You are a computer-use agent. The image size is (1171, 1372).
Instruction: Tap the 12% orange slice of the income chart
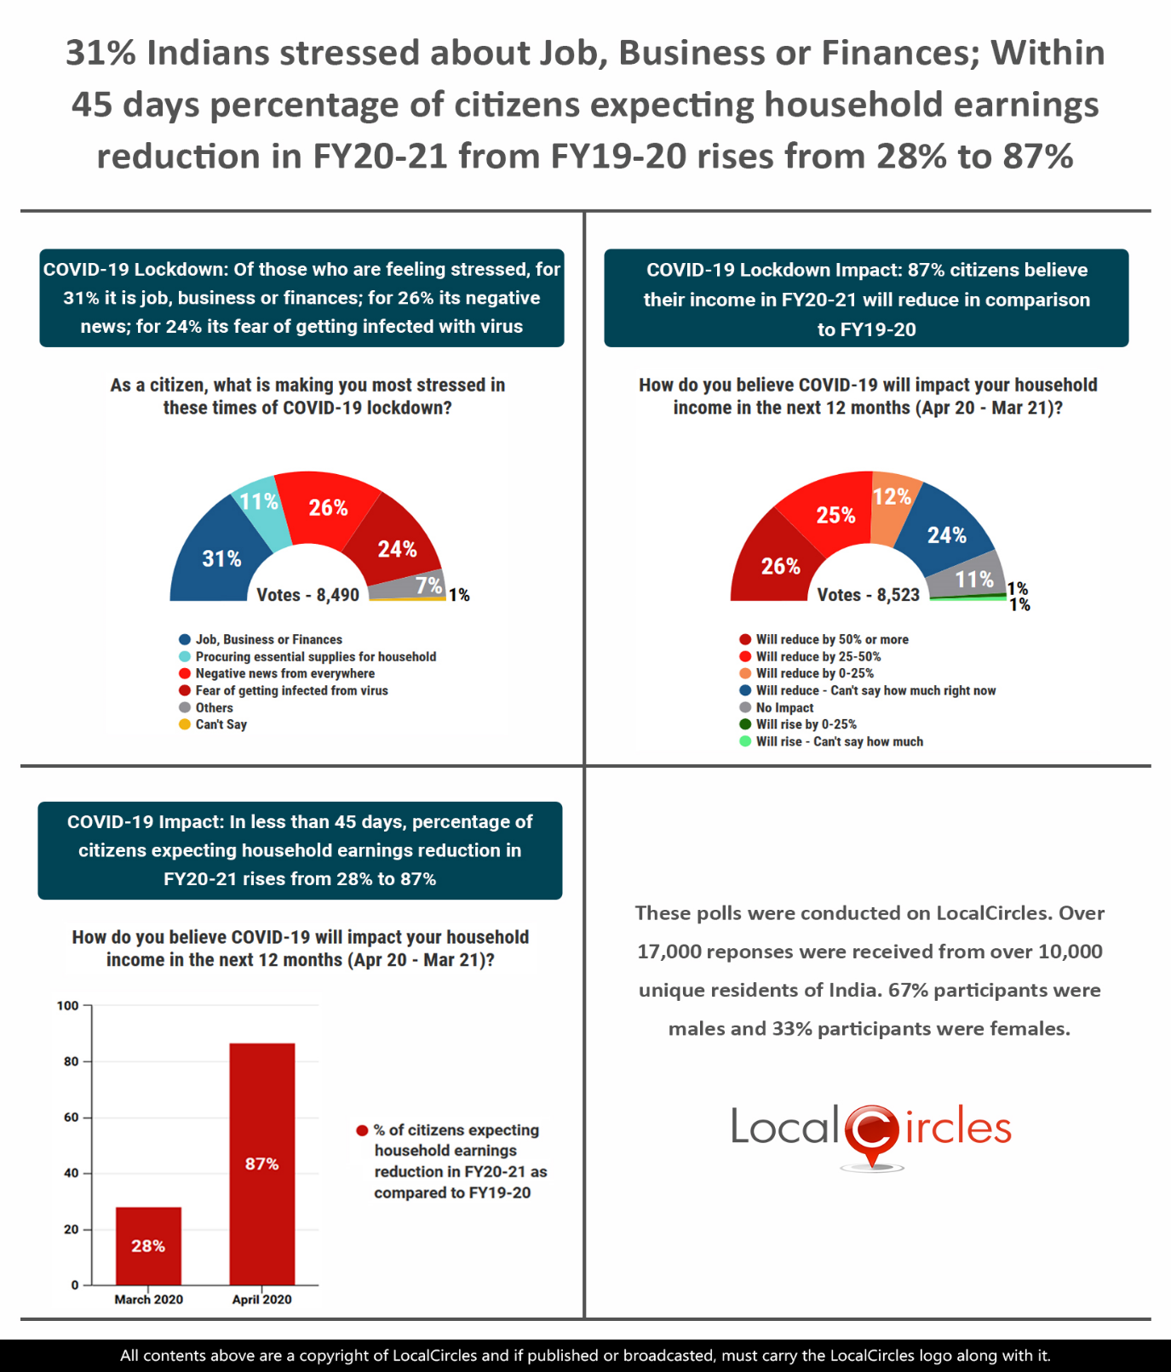[x=891, y=502]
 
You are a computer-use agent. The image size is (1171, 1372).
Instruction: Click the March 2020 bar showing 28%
[x=148, y=1245]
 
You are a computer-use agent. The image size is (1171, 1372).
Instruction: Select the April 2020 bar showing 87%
[x=261, y=1163]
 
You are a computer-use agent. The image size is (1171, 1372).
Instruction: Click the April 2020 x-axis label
[x=261, y=1300]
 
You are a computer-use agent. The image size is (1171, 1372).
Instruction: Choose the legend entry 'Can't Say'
[x=221, y=724]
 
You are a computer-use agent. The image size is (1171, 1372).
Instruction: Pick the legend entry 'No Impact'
[x=784, y=707]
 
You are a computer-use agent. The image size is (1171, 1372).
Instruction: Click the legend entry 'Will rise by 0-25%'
[x=806, y=724]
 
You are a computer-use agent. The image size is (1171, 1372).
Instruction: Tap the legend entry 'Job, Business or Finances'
[x=268, y=639]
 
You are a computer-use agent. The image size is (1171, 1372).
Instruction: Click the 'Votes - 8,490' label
[x=307, y=595]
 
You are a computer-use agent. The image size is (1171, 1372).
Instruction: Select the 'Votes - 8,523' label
[x=868, y=595]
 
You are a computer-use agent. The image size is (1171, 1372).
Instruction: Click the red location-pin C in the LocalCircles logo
[x=872, y=1132]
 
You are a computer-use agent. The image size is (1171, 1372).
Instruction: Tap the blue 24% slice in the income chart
[x=950, y=533]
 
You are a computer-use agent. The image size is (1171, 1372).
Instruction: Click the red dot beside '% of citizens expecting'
[x=362, y=1130]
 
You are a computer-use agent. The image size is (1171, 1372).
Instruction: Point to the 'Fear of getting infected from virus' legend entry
[x=291, y=690]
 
